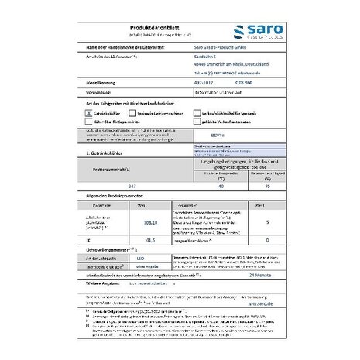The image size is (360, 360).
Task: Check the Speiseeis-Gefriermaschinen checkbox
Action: [132, 112]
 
